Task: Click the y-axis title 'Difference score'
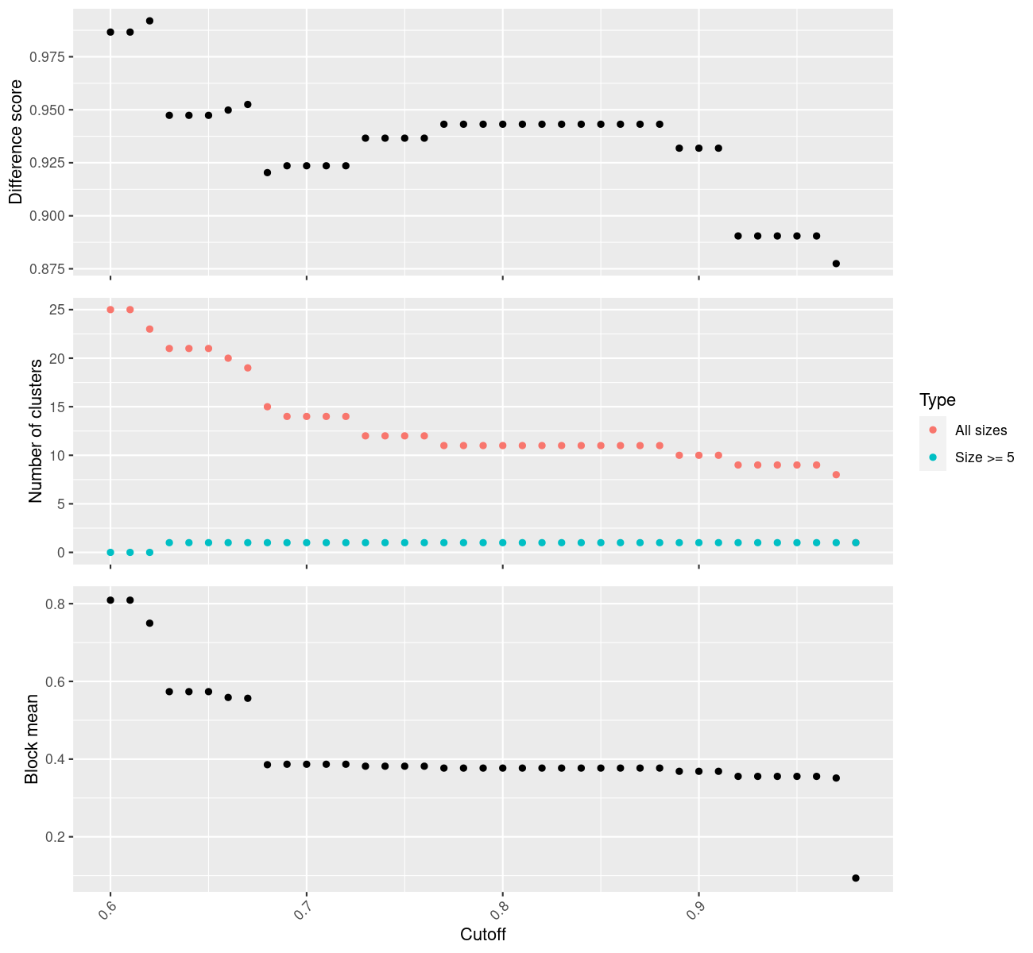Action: pyautogui.click(x=16, y=142)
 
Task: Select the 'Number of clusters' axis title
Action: pyautogui.click(x=35, y=431)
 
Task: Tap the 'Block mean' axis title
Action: pyautogui.click(x=32, y=739)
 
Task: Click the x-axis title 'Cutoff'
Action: pyautogui.click(x=483, y=934)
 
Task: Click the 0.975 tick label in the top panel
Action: pyautogui.click(x=48, y=57)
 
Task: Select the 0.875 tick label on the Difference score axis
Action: pyautogui.click(x=48, y=269)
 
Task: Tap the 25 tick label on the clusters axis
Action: pyautogui.click(x=56, y=310)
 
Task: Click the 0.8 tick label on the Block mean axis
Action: pyautogui.click(x=54, y=604)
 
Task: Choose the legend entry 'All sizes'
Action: pyautogui.click(x=981, y=430)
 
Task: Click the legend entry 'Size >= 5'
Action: pyautogui.click(x=985, y=457)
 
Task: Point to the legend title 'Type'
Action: pyautogui.click(x=937, y=400)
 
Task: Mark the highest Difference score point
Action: pyautogui.click(x=149, y=21)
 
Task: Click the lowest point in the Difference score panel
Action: pyautogui.click(x=836, y=264)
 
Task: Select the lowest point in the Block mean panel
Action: pyautogui.click(x=856, y=878)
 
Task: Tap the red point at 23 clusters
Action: pyautogui.click(x=149, y=329)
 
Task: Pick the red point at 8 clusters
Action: pyautogui.click(x=836, y=475)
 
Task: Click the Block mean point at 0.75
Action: pyautogui.click(x=149, y=623)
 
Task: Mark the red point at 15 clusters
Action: pyautogui.click(x=267, y=407)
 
